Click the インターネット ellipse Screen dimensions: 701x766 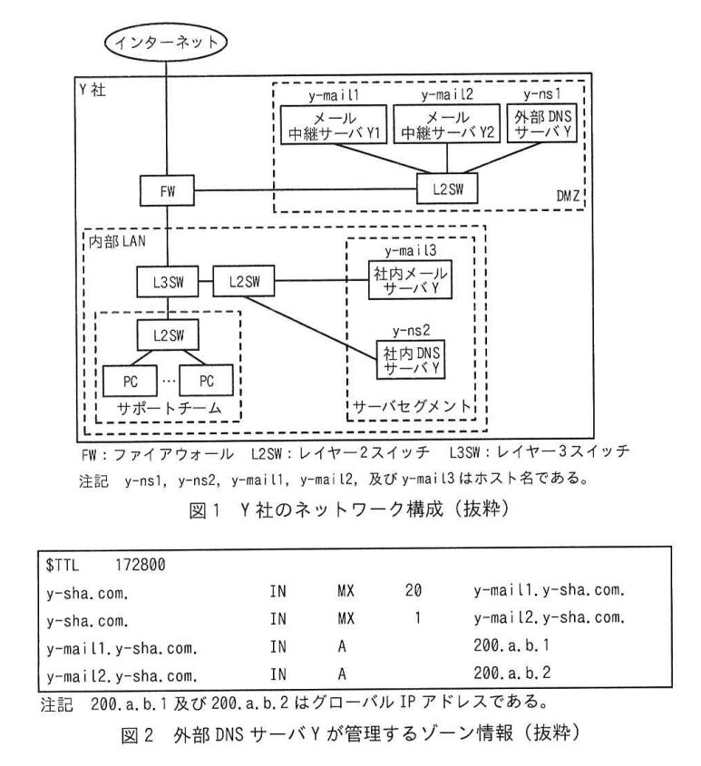[x=166, y=42]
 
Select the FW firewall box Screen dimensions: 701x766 [x=167, y=190]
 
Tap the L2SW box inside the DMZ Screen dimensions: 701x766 [x=447, y=189]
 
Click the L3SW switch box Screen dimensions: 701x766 [x=168, y=281]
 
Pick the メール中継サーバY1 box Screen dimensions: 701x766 [x=334, y=124]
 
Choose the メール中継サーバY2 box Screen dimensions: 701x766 [x=447, y=124]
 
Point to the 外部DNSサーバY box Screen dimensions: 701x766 [x=542, y=123]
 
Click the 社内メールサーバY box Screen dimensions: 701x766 [x=410, y=280]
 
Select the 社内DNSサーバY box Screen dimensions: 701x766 [x=411, y=360]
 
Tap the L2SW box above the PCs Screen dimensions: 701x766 [x=168, y=335]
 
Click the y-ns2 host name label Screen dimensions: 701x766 [x=411, y=331]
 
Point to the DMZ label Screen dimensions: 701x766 [x=568, y=196]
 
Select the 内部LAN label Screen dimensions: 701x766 [x=117, y=241]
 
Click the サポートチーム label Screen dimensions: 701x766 [x=169, y=408]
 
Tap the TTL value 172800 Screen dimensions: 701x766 [x=141, y=565]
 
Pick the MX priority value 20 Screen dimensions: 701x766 [x=413, y=591]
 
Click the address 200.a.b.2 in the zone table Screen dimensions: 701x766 [x=511, y=673]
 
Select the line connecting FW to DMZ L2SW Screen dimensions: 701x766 [x=306, y=190]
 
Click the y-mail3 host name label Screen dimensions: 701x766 [x=410, y=251]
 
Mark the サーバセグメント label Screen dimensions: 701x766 [x=411, y=406]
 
